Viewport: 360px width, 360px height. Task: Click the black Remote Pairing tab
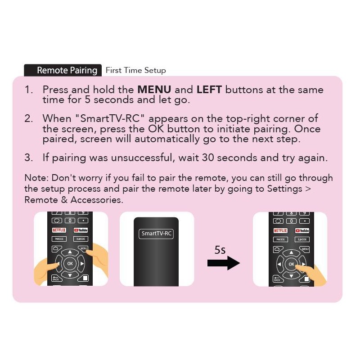click(63, 70)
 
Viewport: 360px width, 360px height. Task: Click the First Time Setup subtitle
click(136, 70)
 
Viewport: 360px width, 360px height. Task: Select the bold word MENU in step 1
click(154, 90)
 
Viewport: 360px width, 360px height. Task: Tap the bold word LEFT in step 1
click(209, 90)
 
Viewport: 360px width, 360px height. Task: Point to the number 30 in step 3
click(208, 158)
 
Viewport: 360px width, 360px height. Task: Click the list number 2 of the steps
click(29, 119)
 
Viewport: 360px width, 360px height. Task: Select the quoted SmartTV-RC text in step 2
click(110, 119)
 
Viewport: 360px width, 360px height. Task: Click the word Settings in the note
click(284, 189)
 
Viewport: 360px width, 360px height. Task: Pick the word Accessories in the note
click(97, 200)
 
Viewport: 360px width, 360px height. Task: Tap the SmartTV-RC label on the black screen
click(156, 234)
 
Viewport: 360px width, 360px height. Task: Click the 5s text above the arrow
click(220, 250)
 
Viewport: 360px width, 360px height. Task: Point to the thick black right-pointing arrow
click(223, 263)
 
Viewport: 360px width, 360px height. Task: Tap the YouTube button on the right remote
click(302, 230)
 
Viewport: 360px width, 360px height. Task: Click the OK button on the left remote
click(70, 263)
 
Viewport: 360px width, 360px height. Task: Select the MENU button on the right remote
click(305, 249)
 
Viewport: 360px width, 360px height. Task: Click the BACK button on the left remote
click(56, 278)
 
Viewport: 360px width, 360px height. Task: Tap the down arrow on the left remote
click(70, 275)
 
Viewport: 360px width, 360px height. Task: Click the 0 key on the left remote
click(70, 220)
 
